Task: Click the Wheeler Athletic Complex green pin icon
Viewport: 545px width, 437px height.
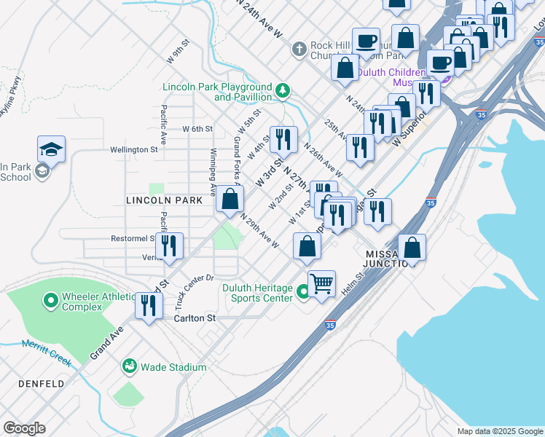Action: (50, 300)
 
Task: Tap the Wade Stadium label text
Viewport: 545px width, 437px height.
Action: (173, 367)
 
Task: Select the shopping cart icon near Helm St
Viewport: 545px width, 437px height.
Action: (321, 283)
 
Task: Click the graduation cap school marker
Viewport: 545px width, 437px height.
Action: (51, 149)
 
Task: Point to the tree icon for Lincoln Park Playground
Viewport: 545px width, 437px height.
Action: (283, 92)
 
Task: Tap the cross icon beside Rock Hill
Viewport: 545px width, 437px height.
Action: (298, 50)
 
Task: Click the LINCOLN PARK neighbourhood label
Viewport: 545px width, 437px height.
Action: (164, 200)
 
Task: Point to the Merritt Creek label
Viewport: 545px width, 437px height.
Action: (45, 347)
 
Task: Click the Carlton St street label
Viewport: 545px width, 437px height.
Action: (195, 318)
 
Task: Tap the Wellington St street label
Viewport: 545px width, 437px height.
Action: (133, 149)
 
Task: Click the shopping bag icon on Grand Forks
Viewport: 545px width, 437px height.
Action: (230, 198)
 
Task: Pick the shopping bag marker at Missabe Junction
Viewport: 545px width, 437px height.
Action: (412, 247)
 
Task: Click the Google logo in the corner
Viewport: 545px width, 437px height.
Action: (24, 428)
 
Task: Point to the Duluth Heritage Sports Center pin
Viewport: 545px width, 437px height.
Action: (304, 293)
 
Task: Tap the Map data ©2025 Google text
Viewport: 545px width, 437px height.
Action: (499, 431)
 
